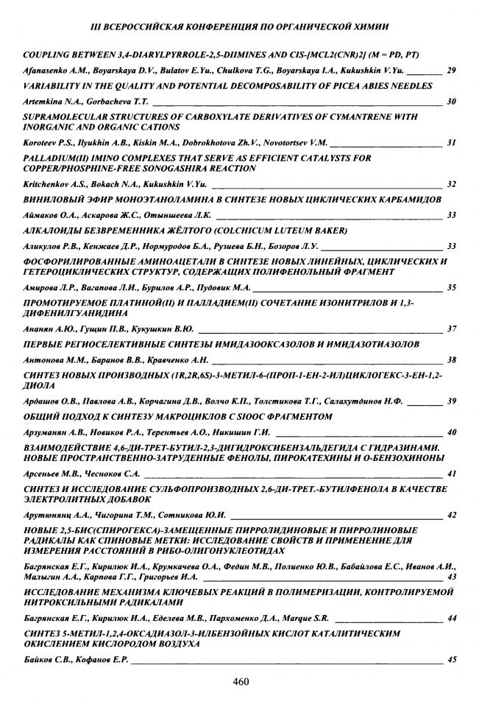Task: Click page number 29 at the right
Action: (452, 70)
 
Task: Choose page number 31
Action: (452, 143)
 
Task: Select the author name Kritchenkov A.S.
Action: (53, 183)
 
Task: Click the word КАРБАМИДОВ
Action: (402, 200)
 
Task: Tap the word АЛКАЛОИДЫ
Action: (53, 231)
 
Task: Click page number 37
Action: (452, 328)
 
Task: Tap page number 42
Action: (452, 514)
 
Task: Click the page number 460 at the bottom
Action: (240, 681)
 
